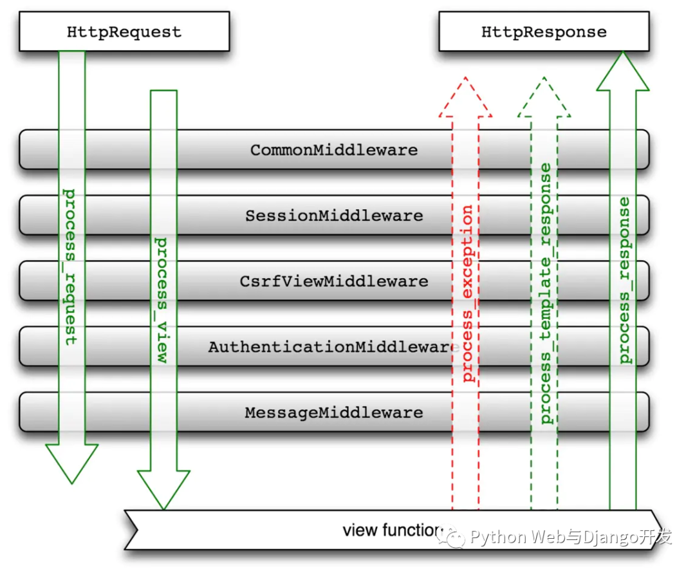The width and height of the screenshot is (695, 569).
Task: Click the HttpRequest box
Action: (x=124, y=31)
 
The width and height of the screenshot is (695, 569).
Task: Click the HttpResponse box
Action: (x=544, y=31)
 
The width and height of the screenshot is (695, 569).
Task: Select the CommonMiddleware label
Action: (x=334, y=150)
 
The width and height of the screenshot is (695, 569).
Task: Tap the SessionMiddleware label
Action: (x=334, y=216)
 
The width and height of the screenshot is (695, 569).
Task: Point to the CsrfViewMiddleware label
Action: (x=334, y=281)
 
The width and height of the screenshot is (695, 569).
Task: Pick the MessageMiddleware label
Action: (x=334, y=413)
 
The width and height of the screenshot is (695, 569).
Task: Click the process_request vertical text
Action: (x=70, y=267)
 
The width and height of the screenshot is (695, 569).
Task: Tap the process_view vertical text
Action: (x=162, y=300)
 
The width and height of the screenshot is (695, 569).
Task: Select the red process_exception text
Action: (x=467, y=293)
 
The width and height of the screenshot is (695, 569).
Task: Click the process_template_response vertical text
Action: (x=545, y=294)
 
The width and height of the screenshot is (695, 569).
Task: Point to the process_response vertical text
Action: (x=624, y=280)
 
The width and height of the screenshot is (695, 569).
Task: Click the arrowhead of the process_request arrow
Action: (x=72, y=463)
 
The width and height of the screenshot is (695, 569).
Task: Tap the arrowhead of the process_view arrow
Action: (x=163, y=490)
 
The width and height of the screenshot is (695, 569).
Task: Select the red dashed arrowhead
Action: (x=465, y=97)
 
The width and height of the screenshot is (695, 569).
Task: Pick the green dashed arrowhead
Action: (x=544, y=97)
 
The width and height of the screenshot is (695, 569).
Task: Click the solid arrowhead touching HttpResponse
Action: (x=623, y=71)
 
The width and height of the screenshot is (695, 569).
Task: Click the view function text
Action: (x=393, y=530)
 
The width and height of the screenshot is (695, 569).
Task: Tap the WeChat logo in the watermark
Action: (x=450, y=537)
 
